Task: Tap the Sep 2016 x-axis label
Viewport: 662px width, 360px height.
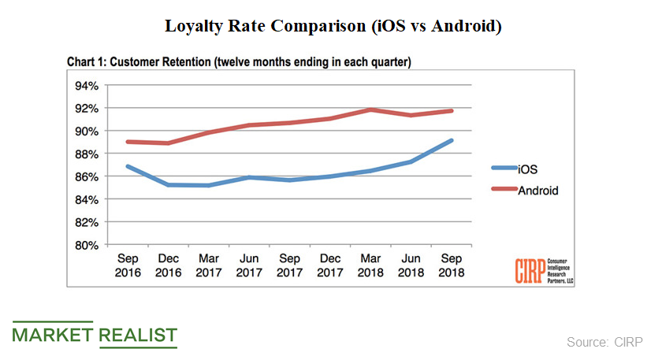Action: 128,265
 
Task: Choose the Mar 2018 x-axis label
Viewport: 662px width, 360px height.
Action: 370,265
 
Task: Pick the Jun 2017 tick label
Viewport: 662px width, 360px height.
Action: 249,265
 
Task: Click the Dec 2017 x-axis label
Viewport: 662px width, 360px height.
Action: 330,265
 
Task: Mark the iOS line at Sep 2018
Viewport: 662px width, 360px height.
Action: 451,140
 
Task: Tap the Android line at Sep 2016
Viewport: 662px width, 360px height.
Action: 128,142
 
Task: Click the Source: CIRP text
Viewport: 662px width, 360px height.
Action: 604,341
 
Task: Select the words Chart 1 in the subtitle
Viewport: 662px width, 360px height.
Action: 84,61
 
